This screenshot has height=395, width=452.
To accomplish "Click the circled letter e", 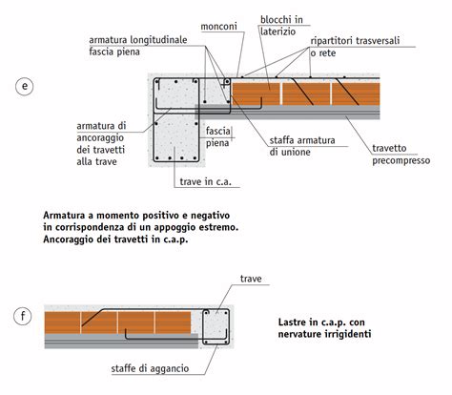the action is [25, 86].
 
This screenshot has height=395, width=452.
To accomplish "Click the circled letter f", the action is [23, 316].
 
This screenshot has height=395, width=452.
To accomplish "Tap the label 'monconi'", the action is [218, 26].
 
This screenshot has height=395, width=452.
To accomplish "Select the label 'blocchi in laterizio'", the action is [281, 26].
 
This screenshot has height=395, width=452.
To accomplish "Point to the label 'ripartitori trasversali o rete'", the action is [355, 47].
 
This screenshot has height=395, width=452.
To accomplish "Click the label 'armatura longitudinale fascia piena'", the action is [138, 46].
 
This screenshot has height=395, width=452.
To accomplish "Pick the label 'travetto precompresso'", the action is [401, 155].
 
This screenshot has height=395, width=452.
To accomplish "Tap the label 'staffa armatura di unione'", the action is [302, 146].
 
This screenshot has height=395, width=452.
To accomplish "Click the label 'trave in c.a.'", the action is [206, 181].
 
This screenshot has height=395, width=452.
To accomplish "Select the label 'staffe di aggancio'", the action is [150, 368].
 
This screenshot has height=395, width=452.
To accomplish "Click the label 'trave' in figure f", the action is [251, 279].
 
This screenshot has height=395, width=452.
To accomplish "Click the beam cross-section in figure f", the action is [216, 326].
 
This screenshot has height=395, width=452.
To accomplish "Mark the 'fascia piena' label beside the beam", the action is [218, 136].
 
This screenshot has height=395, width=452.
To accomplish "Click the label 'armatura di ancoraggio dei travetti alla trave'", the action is [101, 143].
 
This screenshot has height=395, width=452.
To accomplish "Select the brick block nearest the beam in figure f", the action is [174, 322].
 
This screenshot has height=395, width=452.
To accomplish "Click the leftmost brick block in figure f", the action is [62, 322].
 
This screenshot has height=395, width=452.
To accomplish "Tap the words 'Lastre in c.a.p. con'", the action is [321, 322].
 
